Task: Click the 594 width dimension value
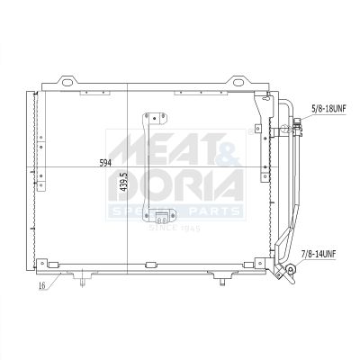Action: pos(105,163)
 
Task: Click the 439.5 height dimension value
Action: pos(123,182)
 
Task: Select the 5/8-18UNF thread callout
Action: pos(329,108)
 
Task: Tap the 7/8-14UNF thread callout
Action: pos(319,255)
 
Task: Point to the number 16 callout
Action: pos(42,285)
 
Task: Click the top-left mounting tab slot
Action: pos(68,81)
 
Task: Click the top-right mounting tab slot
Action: pos(238,81)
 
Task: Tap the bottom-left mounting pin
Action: pos(83,282)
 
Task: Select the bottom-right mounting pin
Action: pos(222,282)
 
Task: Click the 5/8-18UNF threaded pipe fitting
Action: pos(297,126)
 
